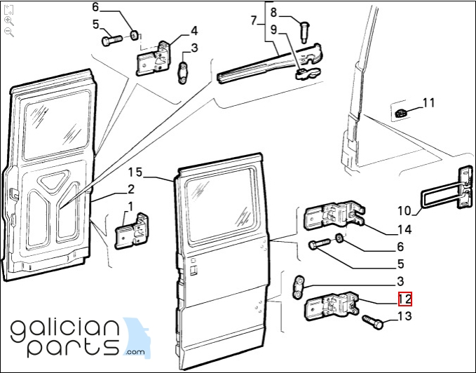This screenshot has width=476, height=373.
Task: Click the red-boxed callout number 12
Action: point(404,299)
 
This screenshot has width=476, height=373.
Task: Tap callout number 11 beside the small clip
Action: point(428,103)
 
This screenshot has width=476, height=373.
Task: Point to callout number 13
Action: point(404,317)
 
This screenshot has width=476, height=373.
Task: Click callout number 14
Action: point(404,229)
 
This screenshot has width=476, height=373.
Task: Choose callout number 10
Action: point(404,210)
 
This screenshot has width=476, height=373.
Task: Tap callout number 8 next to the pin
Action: point(274,12)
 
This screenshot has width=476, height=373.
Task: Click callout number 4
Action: point(193,30)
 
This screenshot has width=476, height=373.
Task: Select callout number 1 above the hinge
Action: point(130,206)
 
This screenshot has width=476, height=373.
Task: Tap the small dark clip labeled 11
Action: point(401,113)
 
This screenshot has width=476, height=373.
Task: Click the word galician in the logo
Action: point(63,327)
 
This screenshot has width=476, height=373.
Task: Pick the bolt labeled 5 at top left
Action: point(111,41)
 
